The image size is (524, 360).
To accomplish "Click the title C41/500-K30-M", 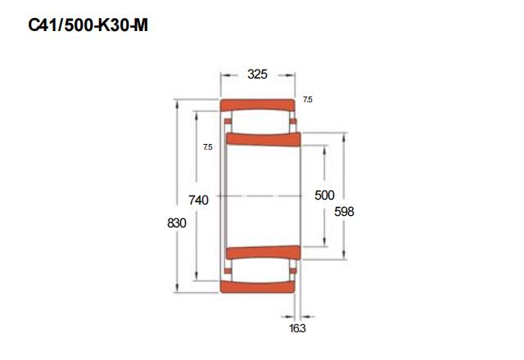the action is coord(88,25).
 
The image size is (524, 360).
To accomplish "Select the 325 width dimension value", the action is coord(257,74).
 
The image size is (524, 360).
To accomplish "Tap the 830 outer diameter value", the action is coord(177,223).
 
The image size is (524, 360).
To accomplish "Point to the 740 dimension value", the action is coord(198,200).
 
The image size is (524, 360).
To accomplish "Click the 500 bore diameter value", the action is coord(324,195).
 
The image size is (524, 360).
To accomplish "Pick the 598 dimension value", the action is coord(344,211).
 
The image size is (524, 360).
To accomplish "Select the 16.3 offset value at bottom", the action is coord(297,329).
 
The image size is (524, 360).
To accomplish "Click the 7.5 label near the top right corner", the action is coord(308,100).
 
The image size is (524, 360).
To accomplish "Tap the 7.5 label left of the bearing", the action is coord(208,147).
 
